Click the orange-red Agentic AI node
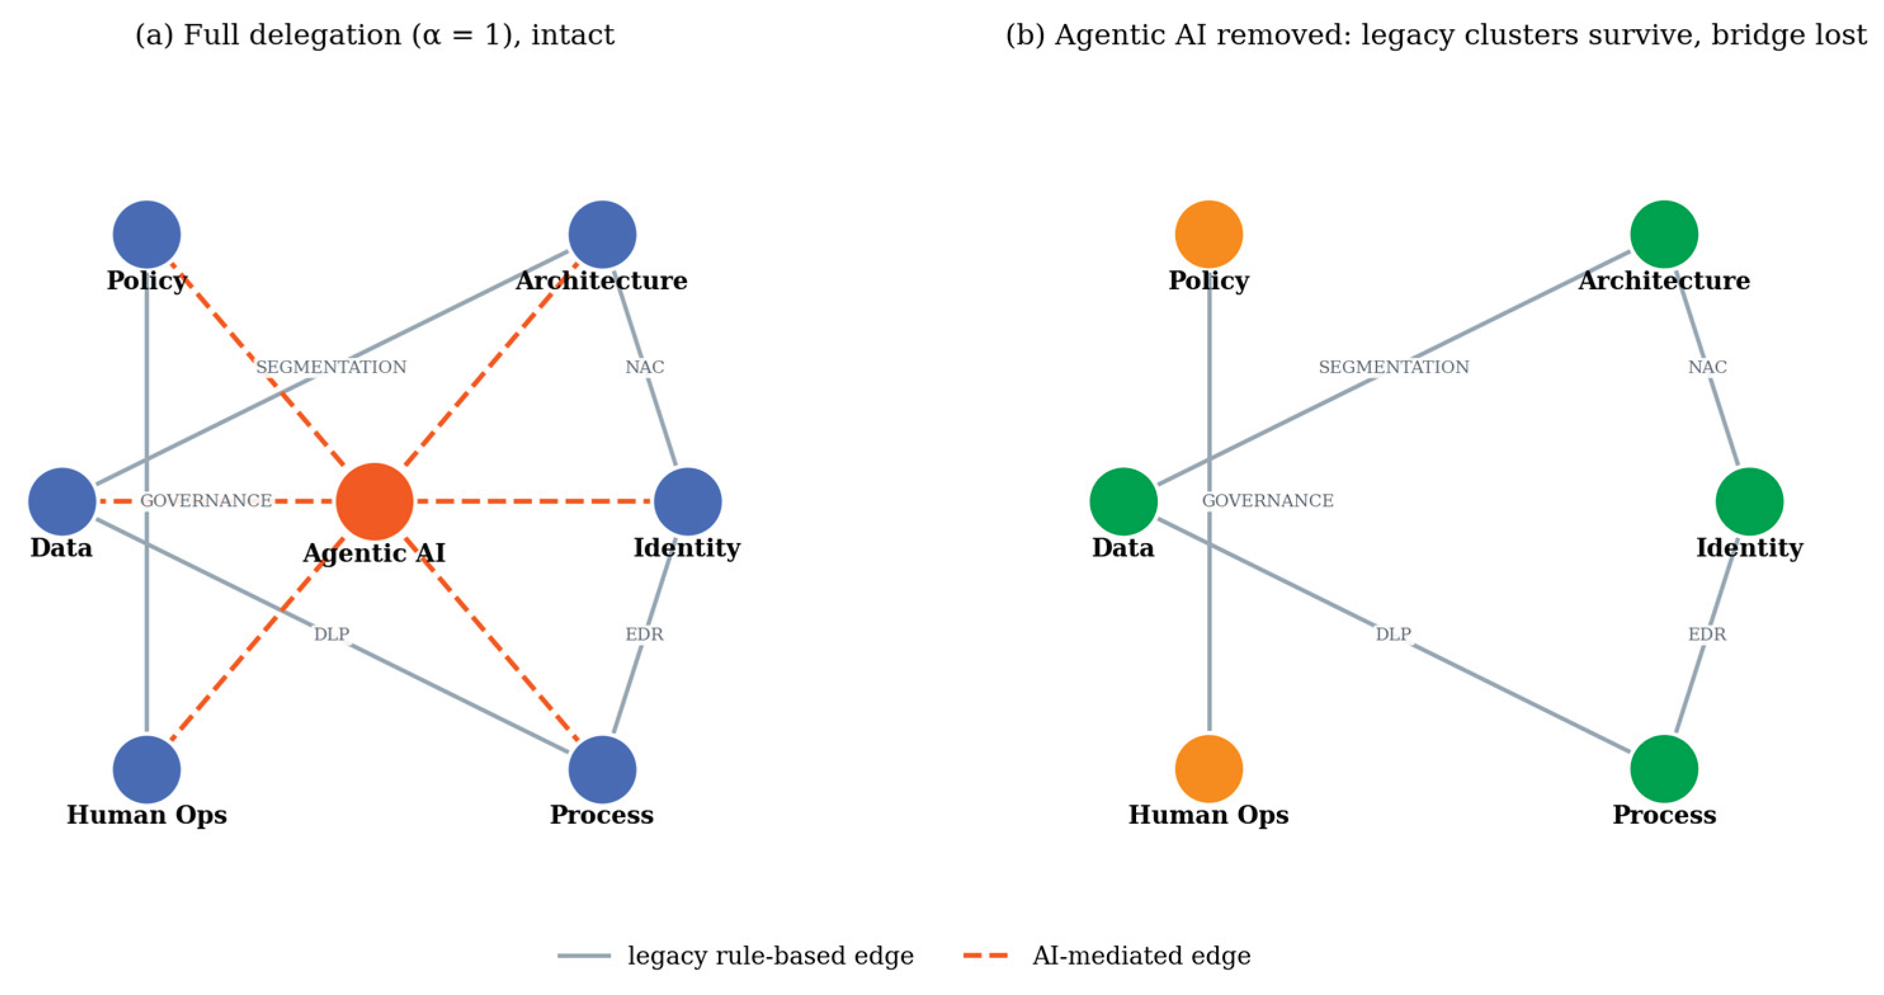374,502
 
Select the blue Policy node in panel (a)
147,235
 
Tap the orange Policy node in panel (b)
1209,235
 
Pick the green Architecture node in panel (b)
1664,235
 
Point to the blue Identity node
688,502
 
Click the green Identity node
1750,502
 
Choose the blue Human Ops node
147,769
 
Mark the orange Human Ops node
1209,769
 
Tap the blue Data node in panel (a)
62,502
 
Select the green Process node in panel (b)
1664,769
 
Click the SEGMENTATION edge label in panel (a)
331,367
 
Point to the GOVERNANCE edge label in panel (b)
1267,501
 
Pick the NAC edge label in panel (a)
645,367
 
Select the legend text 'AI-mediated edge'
1141,956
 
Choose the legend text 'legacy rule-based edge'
771,956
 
